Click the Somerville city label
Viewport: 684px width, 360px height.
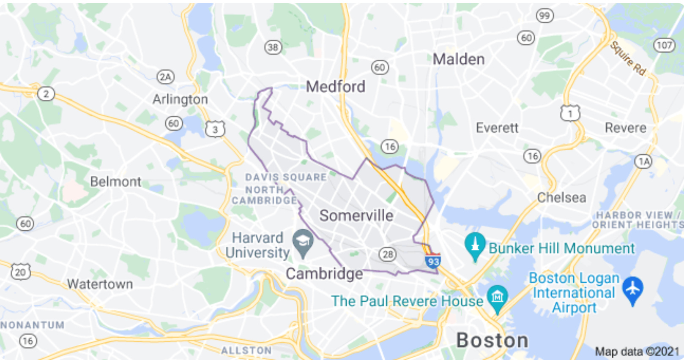(x=356, y=215)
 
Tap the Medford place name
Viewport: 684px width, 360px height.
(x=335, y=87)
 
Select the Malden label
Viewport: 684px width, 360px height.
(x=458, y=59)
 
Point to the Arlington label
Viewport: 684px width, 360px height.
(x=180, y=99)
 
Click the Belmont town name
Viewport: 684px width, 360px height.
(x=115, y=182)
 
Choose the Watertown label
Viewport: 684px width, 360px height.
(x=100, y=284)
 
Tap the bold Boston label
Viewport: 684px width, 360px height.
(x=492, y=341)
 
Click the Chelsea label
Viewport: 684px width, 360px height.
(x=561, y=197)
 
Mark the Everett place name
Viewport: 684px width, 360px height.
(x=497, y=128)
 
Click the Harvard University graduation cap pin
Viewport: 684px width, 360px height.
(x=303, y=242)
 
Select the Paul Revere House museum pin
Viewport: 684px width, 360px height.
(x=497, y=298)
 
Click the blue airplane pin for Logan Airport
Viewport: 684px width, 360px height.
(x=633, y=289)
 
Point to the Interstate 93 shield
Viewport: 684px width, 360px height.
(x=433, y=261)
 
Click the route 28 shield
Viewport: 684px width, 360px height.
(x=388, y=254)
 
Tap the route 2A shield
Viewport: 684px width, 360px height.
(x=165, y=77)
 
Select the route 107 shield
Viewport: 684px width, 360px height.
(x=664, y=45)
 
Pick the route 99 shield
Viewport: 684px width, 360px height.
(x=544, y=16)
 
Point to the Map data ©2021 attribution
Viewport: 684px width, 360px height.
(x=637, y=352)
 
